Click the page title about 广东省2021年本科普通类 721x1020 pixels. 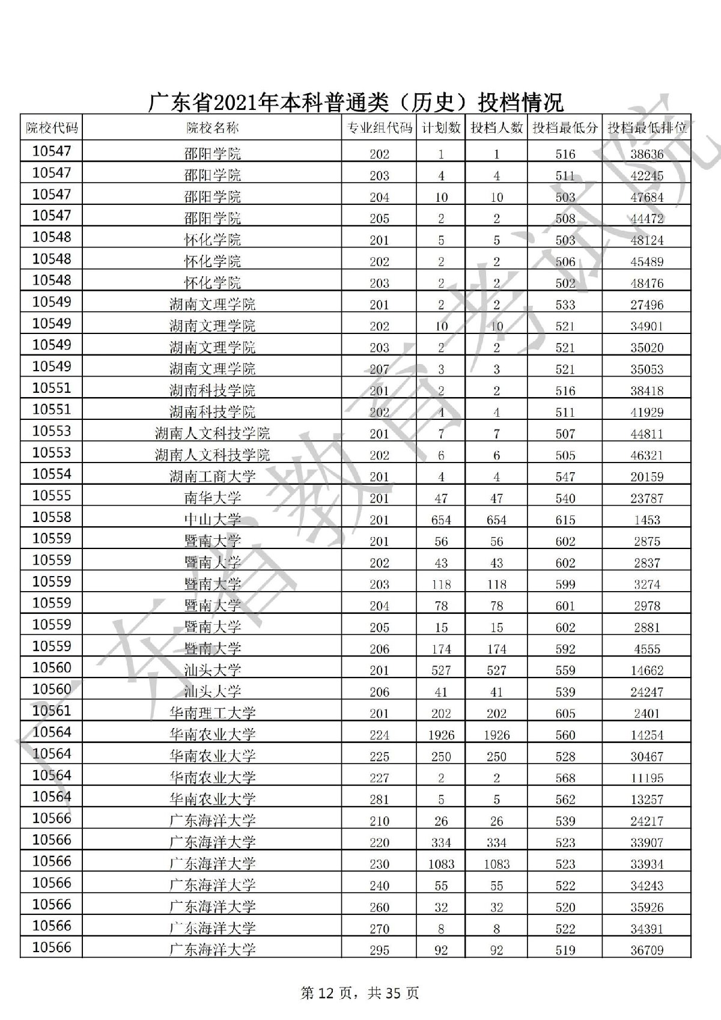(356, 103)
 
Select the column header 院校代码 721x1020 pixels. (52, 127)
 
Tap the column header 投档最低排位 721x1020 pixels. (646, 127)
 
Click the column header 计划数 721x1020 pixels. (441, 127)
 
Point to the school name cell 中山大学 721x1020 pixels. (212, 520)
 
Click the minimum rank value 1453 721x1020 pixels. (646, 520)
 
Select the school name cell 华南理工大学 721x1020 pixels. (212, 713)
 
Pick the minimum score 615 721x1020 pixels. (565, 520)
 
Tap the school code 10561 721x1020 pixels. (52, 711)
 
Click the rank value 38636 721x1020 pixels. (646, 154)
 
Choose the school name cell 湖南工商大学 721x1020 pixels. (212, 477)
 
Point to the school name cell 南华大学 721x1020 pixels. (212, 498)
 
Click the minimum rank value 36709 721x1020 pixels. (646, 950)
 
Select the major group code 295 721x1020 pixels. (379, 950)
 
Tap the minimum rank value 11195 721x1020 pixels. (646, 778)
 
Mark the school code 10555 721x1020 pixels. (52, 496)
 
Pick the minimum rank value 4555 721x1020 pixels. (646, 649)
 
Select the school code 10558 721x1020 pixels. (52, 517)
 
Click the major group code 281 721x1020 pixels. (379, 800)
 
